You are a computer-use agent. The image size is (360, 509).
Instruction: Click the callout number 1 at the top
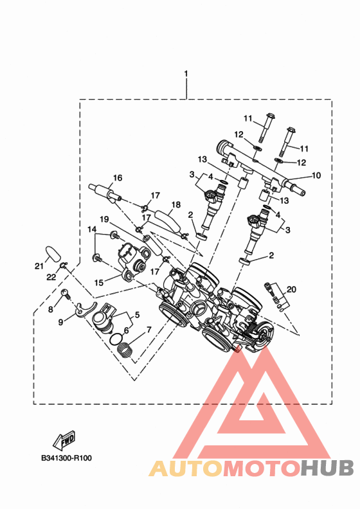tap(186, 74)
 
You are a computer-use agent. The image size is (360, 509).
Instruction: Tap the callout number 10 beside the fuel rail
tap(316, 175)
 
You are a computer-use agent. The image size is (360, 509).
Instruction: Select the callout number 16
tap(118, 177)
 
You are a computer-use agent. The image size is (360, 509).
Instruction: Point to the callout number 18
tap(175, 204)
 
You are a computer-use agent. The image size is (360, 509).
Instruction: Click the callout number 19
tap(104, 219)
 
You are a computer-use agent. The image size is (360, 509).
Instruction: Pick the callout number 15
tap(99, 282)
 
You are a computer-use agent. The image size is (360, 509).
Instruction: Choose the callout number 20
tap(291, 289)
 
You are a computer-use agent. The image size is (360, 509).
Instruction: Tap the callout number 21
tap(39, 266)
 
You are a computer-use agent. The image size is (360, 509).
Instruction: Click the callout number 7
tap(149, 330)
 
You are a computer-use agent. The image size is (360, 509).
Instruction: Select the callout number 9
tap(60, 323)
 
